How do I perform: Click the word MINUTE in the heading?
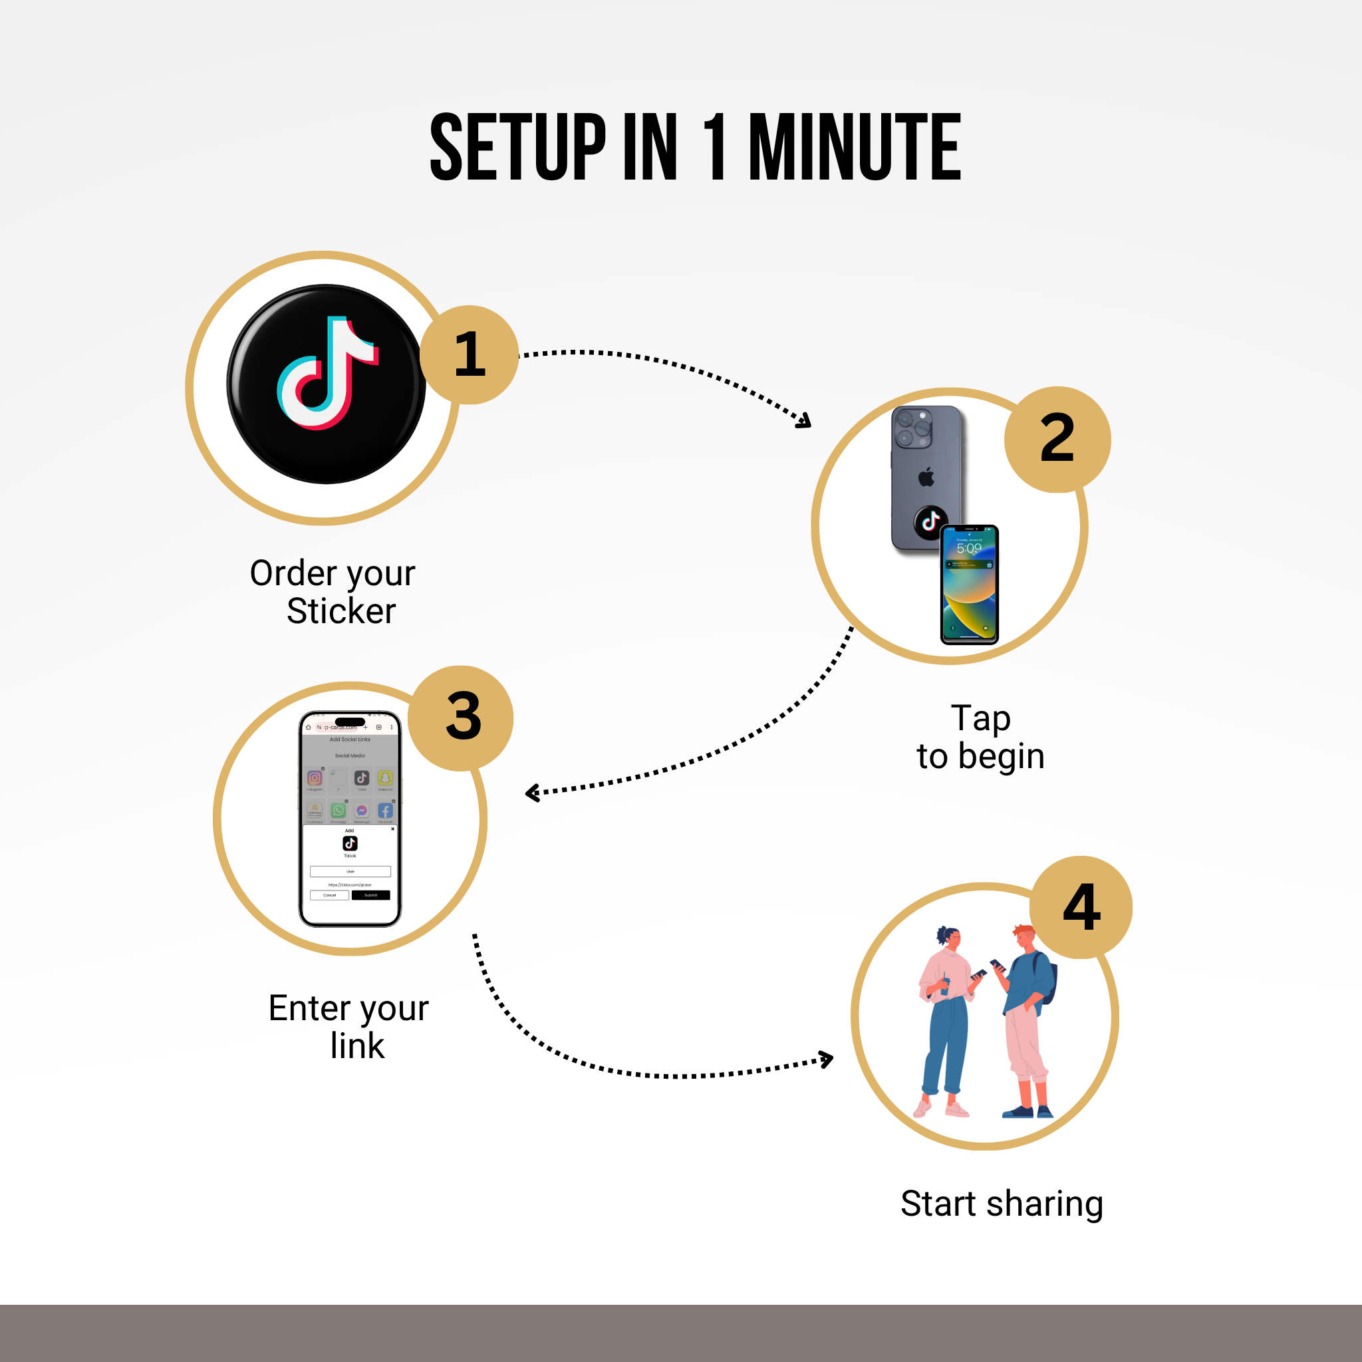855,148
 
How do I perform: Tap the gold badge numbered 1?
470,354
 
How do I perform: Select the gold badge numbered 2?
1057,438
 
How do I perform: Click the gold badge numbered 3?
462,718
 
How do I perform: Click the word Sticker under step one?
340,611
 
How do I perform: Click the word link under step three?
356,1046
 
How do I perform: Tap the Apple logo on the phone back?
926,477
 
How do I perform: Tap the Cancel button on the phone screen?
329,895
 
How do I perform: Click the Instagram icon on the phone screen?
315,778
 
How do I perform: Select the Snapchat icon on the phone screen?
385,777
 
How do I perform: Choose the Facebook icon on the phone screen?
385,811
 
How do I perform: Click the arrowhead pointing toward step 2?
803,422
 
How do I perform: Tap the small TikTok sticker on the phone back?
930,522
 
